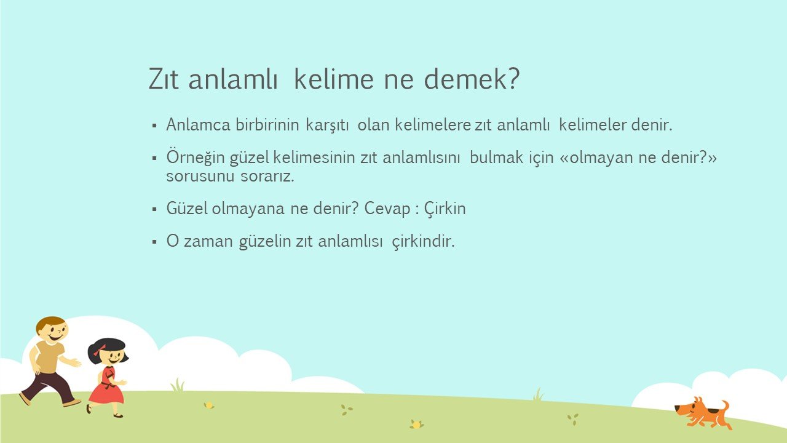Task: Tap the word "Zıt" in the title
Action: coord(164,79)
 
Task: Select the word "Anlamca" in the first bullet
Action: coord(198,124)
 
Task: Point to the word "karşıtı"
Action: coord(327,126)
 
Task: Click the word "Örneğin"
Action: coord(196,157)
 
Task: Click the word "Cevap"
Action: coord(387,209)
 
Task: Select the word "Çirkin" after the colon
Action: coord(445,209)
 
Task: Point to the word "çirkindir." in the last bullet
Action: coord(424,242)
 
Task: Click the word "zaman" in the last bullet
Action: coord(208,242)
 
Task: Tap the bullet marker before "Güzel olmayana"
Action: coord(154,210)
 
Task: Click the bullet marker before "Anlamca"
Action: coord(154,126)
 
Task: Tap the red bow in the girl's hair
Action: coord(99,350)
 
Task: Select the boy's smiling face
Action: coord(53,330)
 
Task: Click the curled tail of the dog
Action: coord(724,407)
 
